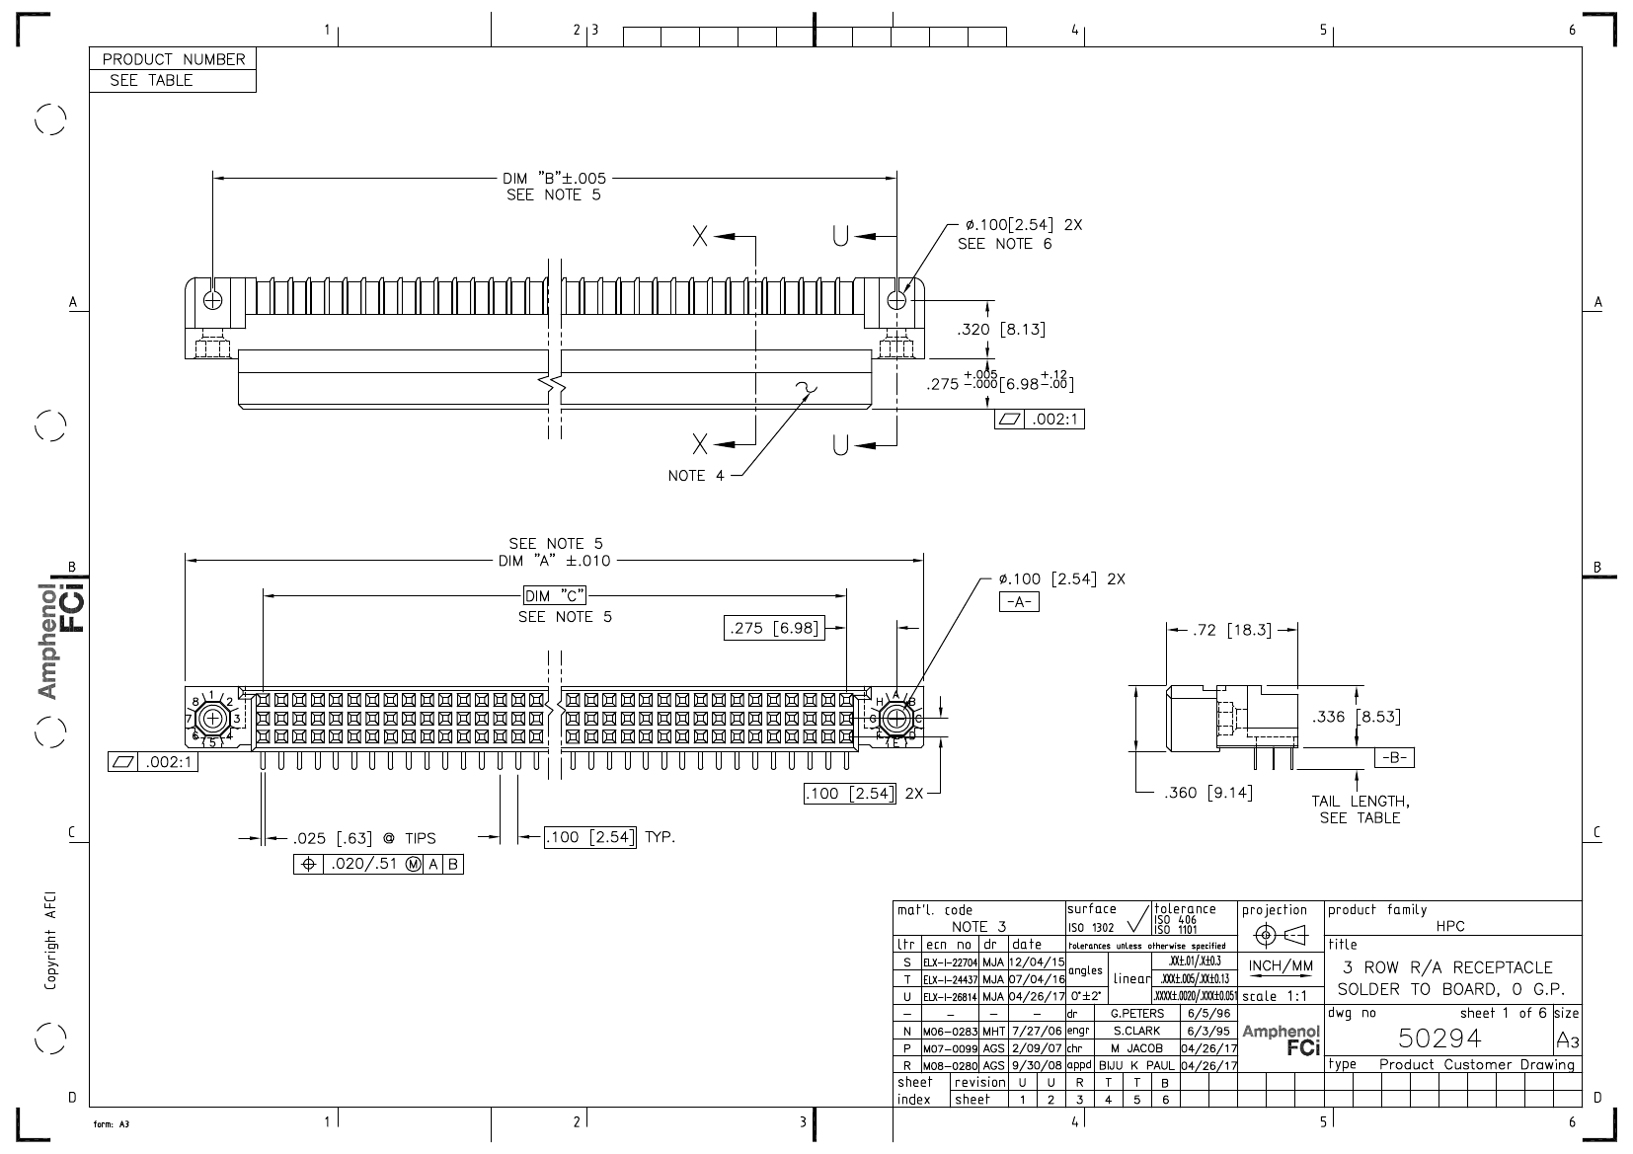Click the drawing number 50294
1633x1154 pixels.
pyautogui.click(x=1439, y=1038)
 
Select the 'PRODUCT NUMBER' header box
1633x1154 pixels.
pyautogui.click(x=173, y=59)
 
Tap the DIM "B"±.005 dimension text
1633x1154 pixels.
pyautogui.click(x=554, y=179)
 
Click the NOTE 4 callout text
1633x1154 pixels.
pyautogui.click(x=696, y=476)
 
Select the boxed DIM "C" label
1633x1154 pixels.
pyautogui.click(x=555, y=595)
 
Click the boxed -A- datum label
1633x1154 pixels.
pyautogui.click(x=1019, y=602)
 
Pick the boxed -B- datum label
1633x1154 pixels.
pyautogui.click(x=1394, y=758)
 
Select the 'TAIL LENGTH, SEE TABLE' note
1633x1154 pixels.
pyautogui.click(x=1360, y=809)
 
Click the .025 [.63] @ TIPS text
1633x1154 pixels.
pyautogui.click(x=363, y=839)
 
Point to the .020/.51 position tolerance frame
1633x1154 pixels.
pyautogui.click(x=379, y=865)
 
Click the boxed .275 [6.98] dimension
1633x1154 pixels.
pyautogui.click(x=774, y=628)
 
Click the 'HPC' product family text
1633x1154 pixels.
pyautogui.click(x=1450, y=926)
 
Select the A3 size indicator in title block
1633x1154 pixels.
pyautogui.click(x=1567, y=1040)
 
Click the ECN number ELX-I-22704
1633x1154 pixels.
pyautogui.click(x=950, y=961)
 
